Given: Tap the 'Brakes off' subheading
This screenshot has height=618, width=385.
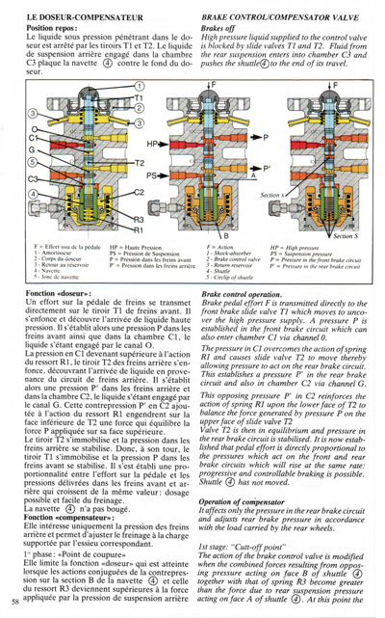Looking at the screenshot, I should [x=221, y=30].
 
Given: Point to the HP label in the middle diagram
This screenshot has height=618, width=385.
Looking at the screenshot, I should [x=153, y=143].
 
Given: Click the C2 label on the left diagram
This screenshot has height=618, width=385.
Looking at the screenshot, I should [x=138, y=193].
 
